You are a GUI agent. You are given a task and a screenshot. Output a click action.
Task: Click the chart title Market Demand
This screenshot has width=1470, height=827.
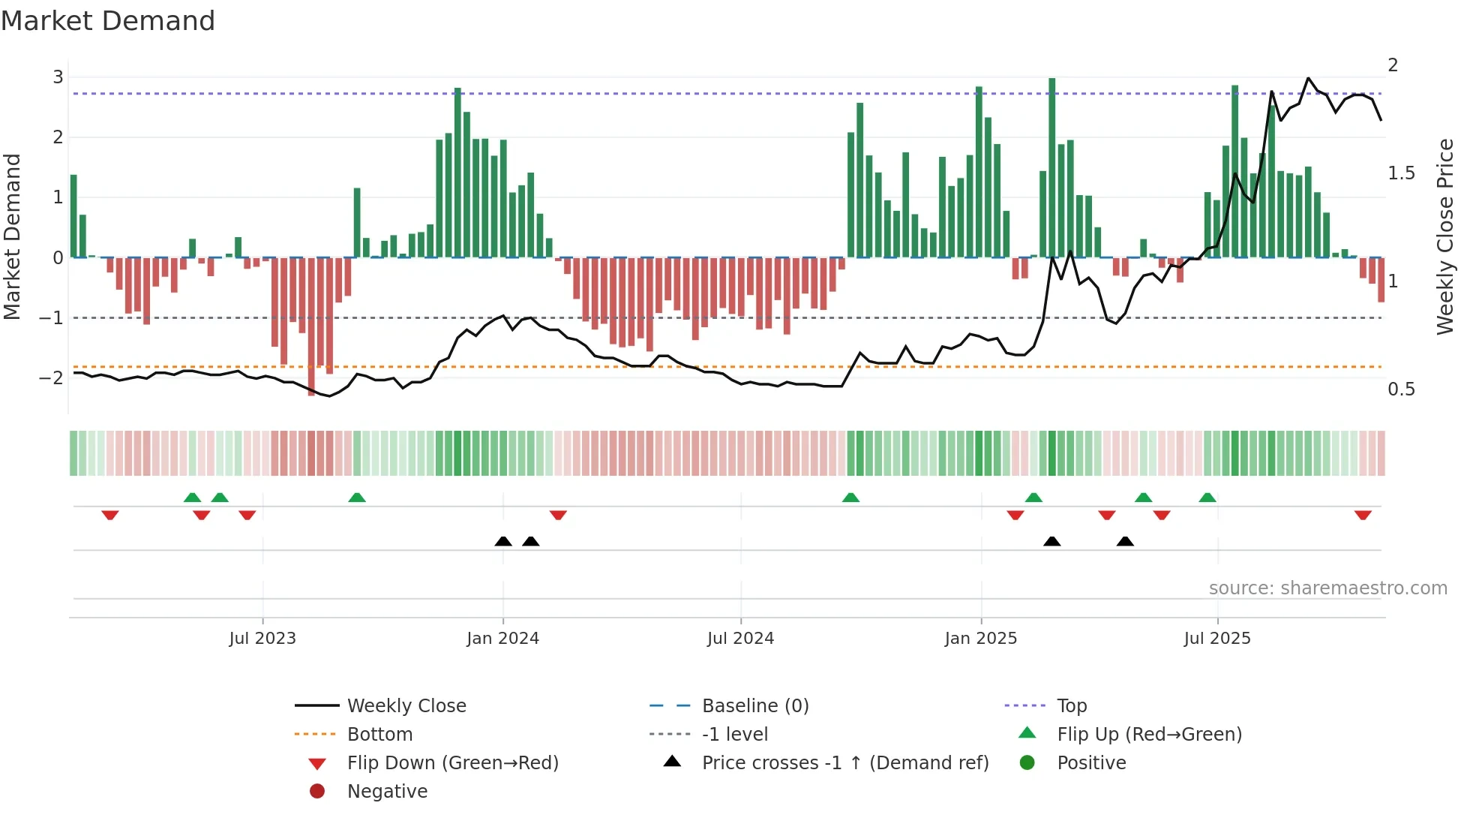coord(108,21)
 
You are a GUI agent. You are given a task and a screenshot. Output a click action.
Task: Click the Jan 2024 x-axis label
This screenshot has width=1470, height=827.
coord(502,639)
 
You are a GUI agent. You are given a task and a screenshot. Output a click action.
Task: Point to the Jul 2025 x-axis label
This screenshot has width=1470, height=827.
coord(1216,639)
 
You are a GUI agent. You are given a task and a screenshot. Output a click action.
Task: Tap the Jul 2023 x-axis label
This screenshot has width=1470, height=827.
coord(262,639)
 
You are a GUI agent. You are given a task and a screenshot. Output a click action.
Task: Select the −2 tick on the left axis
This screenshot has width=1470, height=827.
coord(51,377)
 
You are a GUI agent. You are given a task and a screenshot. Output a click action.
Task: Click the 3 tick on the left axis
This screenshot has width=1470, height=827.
coord(58,77)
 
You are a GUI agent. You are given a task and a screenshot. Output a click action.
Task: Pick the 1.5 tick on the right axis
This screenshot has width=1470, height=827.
coord(1401,173)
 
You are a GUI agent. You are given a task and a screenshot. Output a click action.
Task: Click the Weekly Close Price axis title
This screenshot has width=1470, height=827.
coord(1444,236)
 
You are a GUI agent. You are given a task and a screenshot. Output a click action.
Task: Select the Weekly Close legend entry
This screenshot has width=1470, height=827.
coord(406,706)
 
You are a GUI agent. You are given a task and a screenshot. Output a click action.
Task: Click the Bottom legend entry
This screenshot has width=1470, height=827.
coord(379,735)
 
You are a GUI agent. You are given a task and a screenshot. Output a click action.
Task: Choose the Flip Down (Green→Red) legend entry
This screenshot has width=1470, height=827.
coord(452,763)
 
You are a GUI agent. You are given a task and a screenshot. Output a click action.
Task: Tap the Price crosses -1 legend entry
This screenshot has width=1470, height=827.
coord(844,763)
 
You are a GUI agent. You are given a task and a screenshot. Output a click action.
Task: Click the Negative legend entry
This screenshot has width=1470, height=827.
coord(387,792)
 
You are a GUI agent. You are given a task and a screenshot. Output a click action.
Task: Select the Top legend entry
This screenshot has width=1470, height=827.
coord(1071,706)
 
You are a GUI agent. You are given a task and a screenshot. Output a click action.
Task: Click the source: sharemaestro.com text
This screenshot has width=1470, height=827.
coord(1327,588)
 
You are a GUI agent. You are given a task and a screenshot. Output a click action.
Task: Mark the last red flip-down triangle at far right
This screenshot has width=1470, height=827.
coord(1363,515)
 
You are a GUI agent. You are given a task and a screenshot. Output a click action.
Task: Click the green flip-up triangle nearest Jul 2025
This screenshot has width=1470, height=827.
coord(1207,498)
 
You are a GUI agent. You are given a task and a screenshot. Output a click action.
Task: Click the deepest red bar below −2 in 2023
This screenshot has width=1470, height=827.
coord(311,326)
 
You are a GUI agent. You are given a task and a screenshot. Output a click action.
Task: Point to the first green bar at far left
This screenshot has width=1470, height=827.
coord(73,216)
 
